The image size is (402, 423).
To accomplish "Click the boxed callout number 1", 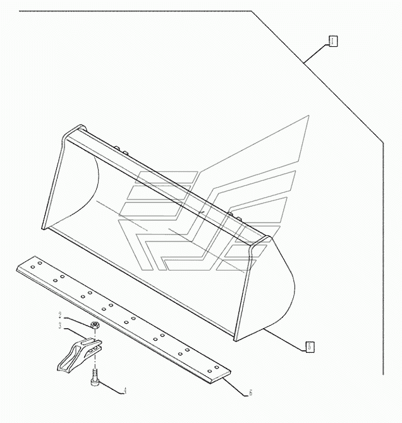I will (332, 41).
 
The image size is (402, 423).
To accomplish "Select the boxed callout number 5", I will (310, 346).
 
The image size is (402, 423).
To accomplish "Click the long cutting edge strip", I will (126, 316).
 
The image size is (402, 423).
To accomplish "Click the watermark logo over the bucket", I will (209, 202).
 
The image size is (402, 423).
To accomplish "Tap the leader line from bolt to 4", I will (111, 384).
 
